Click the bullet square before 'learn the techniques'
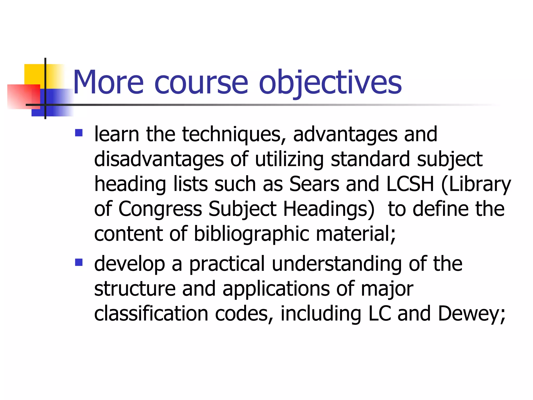(79, 133)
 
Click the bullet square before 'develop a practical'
(79, 262)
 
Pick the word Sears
(314, 184)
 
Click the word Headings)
(329, 209)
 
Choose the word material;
(356, 234)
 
